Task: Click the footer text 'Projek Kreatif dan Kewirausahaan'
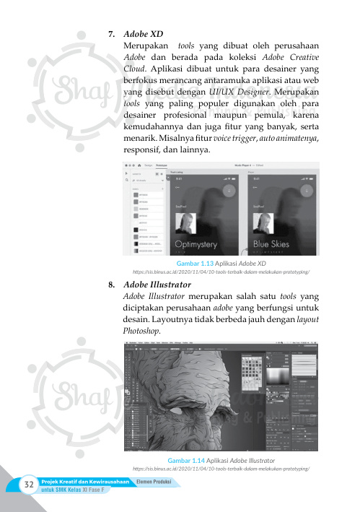click(87, 483)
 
